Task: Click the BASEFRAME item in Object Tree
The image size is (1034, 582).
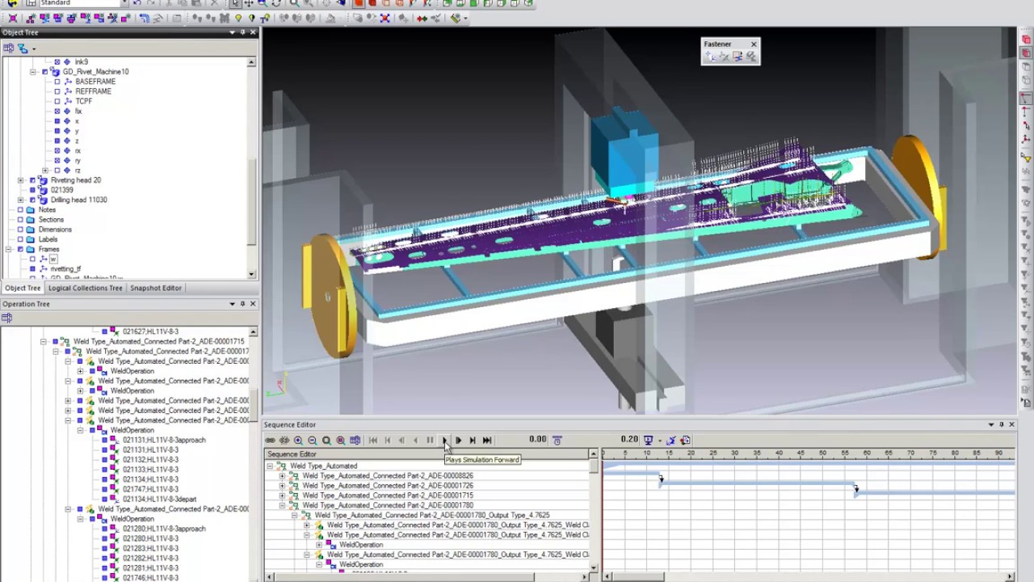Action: pyautogui.click(x=95, y=82)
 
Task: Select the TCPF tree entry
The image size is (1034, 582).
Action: pyautogui.click(x=83, y=101)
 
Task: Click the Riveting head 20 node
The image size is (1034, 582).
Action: pyautogui.click(x=75, y=180)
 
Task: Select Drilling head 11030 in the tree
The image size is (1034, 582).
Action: pyautogui.click(x=78, y=200)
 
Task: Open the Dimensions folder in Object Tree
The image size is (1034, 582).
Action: pyautogui.click(x=55, y=230)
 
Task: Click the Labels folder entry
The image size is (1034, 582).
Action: pyautogui.click(x=48, y=239)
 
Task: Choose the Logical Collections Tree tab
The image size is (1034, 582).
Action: pyautogui.click(x=85, y=288)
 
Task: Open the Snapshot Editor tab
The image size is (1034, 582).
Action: pyautogui.click(x=155, y=288)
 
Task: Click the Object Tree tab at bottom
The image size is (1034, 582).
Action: pyautogui.click(x=23, y=288)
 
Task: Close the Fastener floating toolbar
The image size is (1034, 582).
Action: pyautogui.click(x=754, y=44)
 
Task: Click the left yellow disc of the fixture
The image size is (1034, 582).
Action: pyautogui.click(x=330, y=295)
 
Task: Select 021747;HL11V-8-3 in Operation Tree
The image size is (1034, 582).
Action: pyautogui.click(x=150, y=489)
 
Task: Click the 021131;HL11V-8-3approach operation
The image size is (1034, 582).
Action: pyautogui.click(x=164, y=440)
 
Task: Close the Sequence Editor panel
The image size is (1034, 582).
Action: pyautogui.click(x=1011, y=424)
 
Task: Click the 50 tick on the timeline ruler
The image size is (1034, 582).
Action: pyautogui.click(x=822, y=453)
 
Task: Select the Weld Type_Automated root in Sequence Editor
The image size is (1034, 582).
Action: pyautogui.click(x=323, y=466)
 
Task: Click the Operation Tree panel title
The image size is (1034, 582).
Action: pyautogui.click(x=26, y=304)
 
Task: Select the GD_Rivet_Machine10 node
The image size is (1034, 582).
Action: pyautogui.click(x=95, y=72)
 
